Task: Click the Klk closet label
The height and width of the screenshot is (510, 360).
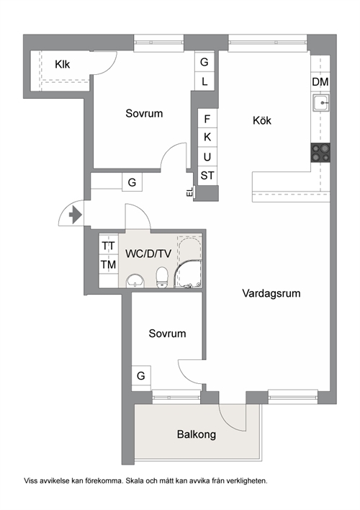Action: [62, 64]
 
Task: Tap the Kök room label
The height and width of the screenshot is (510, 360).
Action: [262, 120]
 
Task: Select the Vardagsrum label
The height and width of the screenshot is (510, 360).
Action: [271, 293]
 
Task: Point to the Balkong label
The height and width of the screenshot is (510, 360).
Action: [197, 434]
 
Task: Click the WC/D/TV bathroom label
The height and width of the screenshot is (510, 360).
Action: [148, 254]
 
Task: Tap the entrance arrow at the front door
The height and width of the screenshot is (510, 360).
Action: [76, 215]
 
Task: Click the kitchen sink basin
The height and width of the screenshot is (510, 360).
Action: [321, 103]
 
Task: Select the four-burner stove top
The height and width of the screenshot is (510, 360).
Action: [320, 153]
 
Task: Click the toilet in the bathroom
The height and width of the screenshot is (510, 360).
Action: [161, 277]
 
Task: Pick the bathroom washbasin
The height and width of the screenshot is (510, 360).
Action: [135, 281]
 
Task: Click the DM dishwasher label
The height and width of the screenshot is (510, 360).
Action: [320, 82]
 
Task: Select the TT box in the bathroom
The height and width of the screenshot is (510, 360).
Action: [109, 246]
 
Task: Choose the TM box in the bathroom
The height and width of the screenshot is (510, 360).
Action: [109, 265]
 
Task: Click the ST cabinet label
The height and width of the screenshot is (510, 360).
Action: [207, 176]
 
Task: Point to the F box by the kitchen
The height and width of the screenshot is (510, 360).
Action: [207, 119]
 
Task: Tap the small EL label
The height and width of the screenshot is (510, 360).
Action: [190, 192]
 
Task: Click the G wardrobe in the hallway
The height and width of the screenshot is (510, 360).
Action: [132, 182]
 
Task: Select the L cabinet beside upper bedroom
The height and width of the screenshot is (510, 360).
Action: [204, 81]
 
